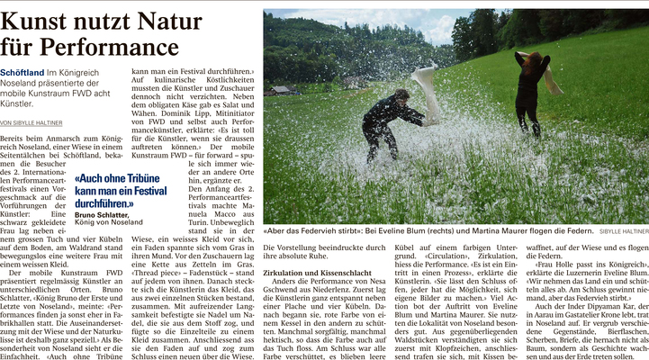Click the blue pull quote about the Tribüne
[x=121, y=191]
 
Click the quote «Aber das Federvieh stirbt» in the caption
[x=316, y=230]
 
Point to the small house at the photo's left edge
[x=281, y=90]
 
